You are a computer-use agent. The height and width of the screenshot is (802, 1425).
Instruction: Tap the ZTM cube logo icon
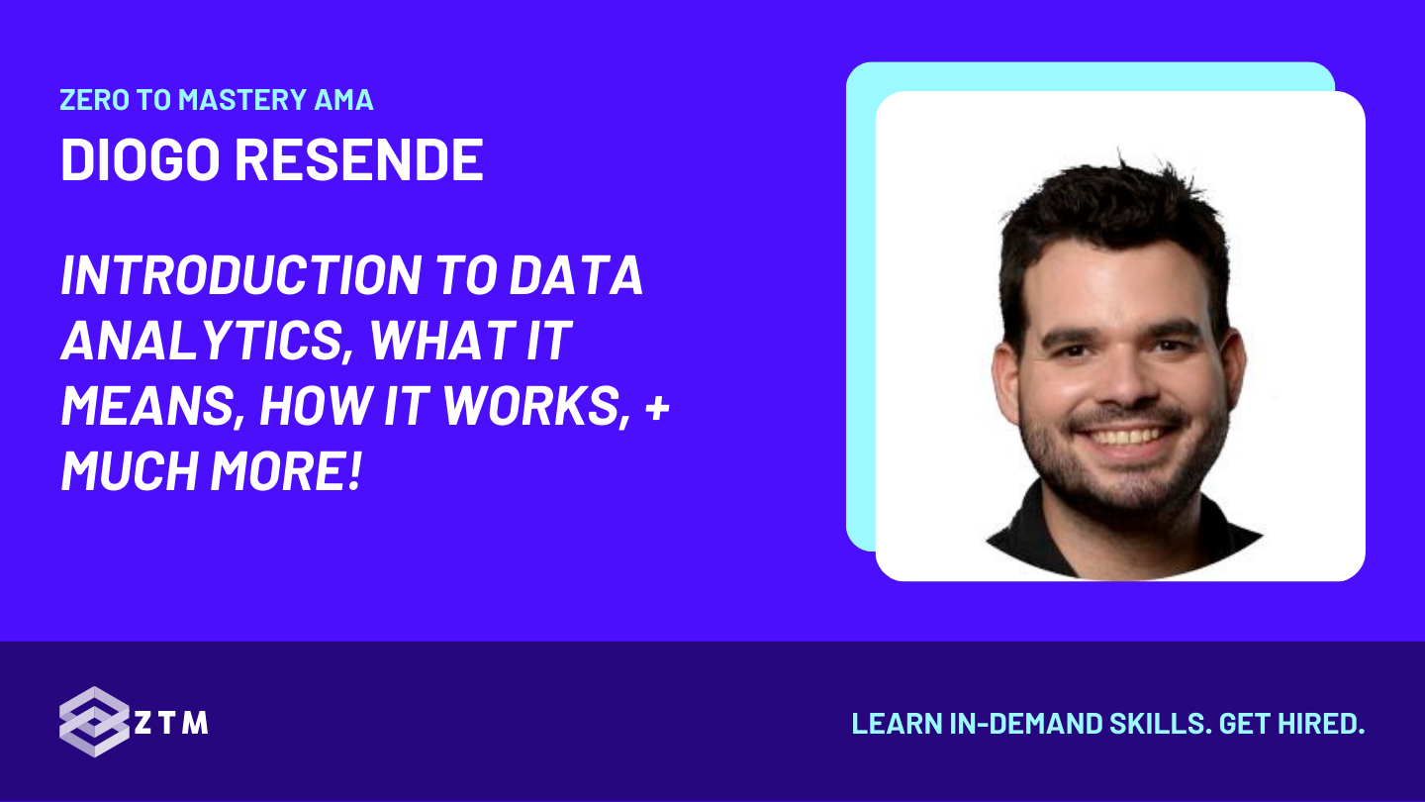pos(93,722)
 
